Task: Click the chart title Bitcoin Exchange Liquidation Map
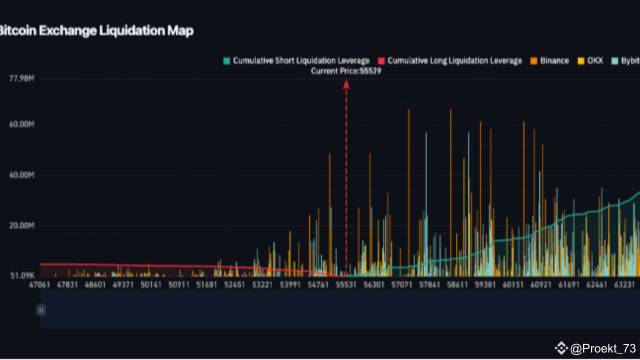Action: point(96,31)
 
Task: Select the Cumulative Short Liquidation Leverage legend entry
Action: point(296,61)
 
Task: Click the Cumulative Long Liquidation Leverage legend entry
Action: point(449,61)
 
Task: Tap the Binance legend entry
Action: point(549,61)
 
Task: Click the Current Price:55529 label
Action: point(346,71)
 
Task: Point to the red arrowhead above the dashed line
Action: point(346,84)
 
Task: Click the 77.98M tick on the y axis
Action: point(21,78)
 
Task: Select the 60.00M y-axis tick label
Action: point(21,124)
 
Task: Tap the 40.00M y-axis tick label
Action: point(21,175)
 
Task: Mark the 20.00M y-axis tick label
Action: point(21,225)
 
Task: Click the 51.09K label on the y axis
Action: point(21,275)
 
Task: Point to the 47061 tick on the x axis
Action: point(39,284)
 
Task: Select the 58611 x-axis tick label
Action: point(457,284)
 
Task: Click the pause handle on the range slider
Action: point(40,310)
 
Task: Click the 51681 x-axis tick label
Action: point(207,284)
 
